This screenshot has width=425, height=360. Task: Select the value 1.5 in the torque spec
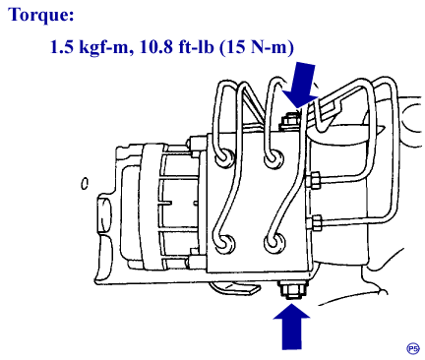pyautogui.click(x=62, y=47)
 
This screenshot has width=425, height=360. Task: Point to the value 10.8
pyautogui.click(x=156, y=47)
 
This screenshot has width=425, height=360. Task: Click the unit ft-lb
pyautogui.click(x=196, y=47)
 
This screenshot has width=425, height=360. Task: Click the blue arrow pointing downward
pyautogui.click(x=300, y=86)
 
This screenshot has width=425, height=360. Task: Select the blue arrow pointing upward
pyautogui.click(x=291, y=326)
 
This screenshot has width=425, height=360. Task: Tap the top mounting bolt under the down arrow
pyautogui.click(x=289, y=122)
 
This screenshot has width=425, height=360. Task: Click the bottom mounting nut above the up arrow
pyautogui.click(x=292, y=290)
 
